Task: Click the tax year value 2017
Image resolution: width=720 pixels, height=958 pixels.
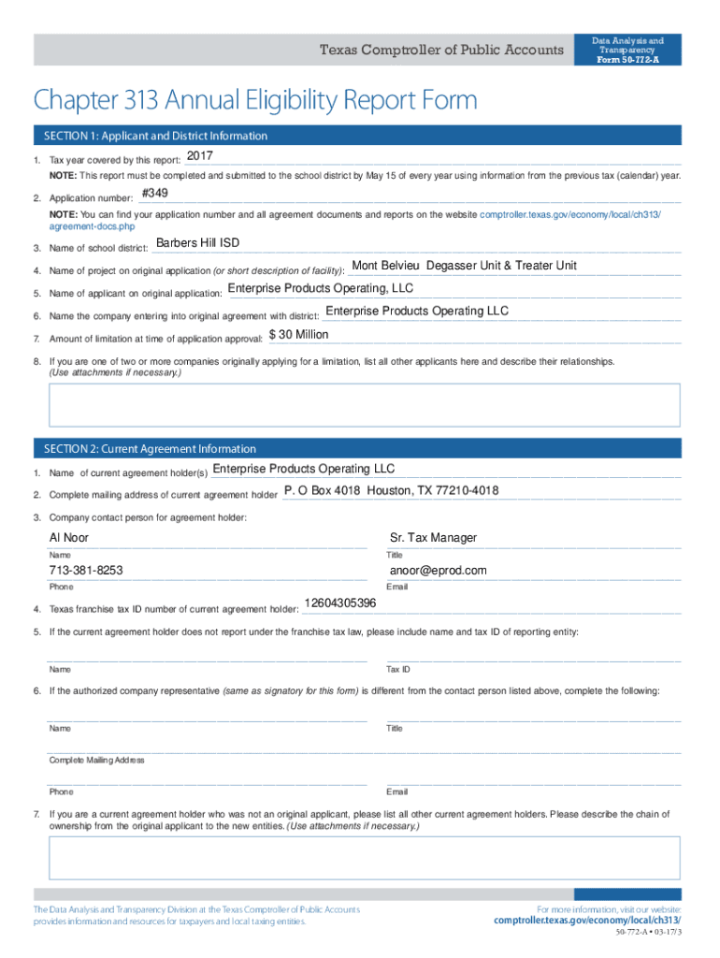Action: click(x=200, y=155)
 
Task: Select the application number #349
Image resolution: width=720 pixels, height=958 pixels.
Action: click(x=154, y=194)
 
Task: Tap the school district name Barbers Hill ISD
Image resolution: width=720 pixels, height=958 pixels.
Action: click(x=197, y=243)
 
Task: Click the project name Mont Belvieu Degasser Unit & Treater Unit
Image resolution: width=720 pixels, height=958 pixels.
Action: click(x=464, y=266)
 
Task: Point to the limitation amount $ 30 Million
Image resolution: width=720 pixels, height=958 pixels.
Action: click(x=298, y=334)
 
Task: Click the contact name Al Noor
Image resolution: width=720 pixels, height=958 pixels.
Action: click(x=69, y=538)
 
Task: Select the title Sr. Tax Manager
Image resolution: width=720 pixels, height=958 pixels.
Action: click(x=433, y=538)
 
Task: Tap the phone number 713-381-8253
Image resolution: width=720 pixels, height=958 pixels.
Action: click(x=86, y=571)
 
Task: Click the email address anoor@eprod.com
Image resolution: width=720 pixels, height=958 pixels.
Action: click(x=439, y=571)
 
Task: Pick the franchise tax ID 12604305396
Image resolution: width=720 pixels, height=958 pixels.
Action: click(x=340, y=603)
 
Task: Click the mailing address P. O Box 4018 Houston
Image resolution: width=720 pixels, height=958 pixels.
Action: click(x=391, y=491)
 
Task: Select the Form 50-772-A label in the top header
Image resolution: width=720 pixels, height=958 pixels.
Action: click(x=627, y=60)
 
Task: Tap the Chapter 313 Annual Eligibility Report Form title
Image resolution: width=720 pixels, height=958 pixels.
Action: click(x=255, y=99)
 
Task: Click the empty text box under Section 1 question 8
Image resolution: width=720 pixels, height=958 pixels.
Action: click(x=365, y=405)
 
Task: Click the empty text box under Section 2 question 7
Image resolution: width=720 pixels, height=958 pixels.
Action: click(x=365, y=857)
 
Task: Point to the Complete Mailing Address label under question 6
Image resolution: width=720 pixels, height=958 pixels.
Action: click(x=97, y=761)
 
